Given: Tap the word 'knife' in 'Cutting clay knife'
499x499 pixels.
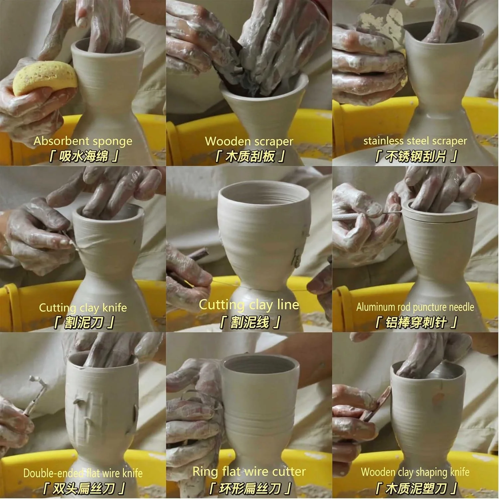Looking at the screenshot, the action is [x=115, y=307].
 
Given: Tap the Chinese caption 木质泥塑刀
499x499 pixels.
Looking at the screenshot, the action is [x=416, y=488].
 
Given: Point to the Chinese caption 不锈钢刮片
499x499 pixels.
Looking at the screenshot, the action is [x=416, y=156].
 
